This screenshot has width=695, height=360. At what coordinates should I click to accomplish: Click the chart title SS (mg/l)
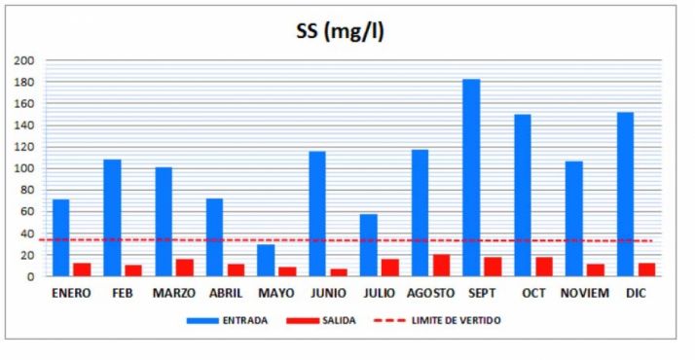pyautogui.click(x=341, y=31)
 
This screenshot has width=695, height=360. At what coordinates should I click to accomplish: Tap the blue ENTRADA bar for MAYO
pyautogui.click(x=266, y=261)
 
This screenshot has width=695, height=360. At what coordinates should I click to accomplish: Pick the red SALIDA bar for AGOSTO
pyautogui.click(x=442, y=266)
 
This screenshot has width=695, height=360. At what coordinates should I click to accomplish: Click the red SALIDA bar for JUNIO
pyautogui.click(x=339, y=272)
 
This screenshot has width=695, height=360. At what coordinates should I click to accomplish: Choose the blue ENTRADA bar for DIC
pyautogui.click(x=625, y=195)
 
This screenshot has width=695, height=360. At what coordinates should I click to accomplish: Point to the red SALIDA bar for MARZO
pyautogui.click(x=185, y=268)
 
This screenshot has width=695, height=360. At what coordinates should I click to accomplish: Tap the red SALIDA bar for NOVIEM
pyautogui.click(x=596, y=270)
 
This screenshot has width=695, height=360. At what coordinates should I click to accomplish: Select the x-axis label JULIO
pyautogui.click(x=378, y=293)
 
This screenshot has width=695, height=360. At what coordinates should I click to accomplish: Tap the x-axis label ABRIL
pyautogui.click(x=225, y=293)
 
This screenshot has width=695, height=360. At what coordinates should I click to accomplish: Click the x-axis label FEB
pyautogui.click(x=122, y=293)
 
